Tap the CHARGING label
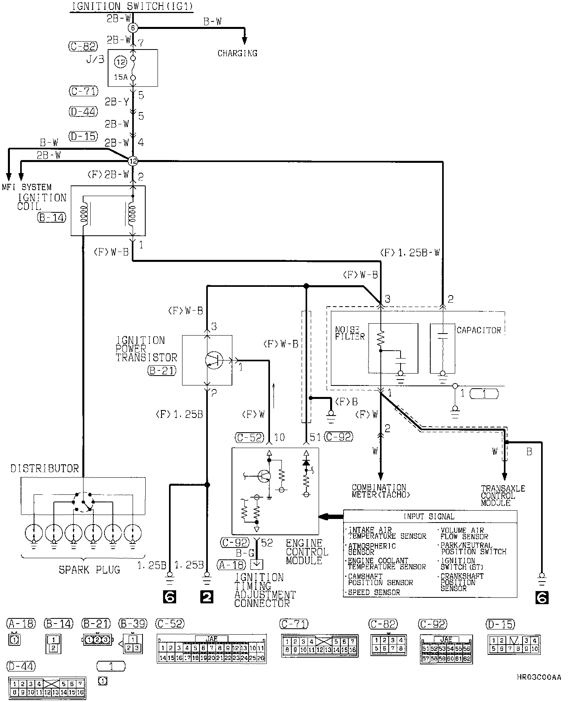pyautogui.click(x=237, y=53)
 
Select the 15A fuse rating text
pyautogui.click(x=121, y=77)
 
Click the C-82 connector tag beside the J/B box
pyautogui.click(x=82, y=47)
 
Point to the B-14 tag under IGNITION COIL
pyautogui.click(x=52, y=217)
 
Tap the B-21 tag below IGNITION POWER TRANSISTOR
pyautogui.click(x=162, y=370)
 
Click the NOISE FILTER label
pyautogui.click(x=347, y=333)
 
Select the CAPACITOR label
pyautogui.click(x=479, y=330)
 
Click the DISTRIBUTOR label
pyautogui.click(x=45, y=469)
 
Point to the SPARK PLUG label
pyautogui.click(x=89, y=570)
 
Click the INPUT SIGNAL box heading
pyautogui.click(x=429, y=517)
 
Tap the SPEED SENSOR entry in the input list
pyautogui.click(x=374, y=592)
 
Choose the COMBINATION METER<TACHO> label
pyautogui.click(x=381, y=491)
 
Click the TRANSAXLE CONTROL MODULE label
pyautogui.click(x=503, y=496)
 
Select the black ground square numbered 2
pyautogui.click(x=207, y=597)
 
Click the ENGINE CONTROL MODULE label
pyautogui.click(x=307, y=551)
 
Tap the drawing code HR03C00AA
pyautogui.click(x=539, y=677)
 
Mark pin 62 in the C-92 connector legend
pyautogui.click(x=467, y=658)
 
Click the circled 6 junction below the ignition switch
pyautogui.click(x=133, y=28)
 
